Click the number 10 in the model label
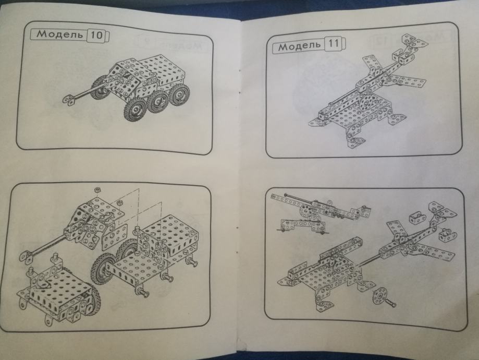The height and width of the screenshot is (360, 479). coord(96,35)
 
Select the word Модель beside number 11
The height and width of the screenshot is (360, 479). coord(300,46)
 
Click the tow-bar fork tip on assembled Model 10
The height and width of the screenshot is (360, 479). coord(69,100)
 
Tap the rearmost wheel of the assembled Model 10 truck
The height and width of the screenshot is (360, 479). coord(179,93)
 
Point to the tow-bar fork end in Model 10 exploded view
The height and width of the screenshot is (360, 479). coord(26,256)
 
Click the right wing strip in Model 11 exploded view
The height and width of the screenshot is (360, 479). coord(432,252)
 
